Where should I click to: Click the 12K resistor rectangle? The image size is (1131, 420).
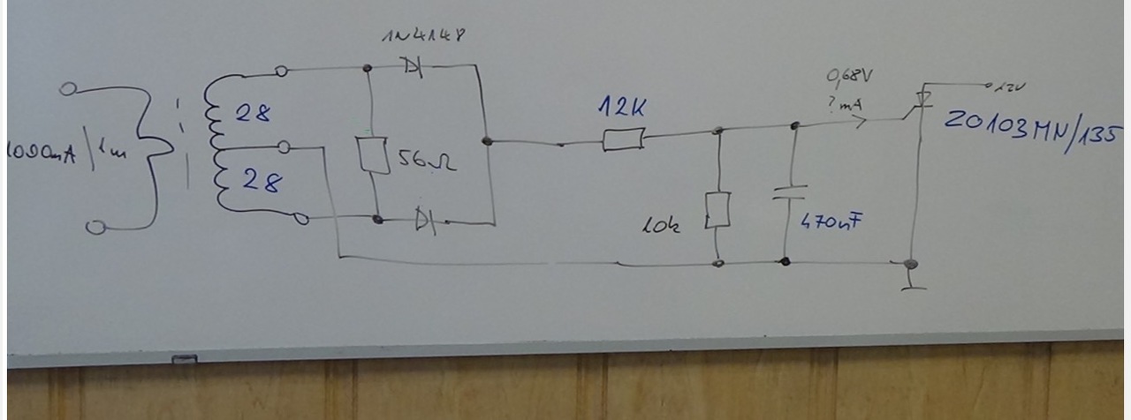tap(623, 139)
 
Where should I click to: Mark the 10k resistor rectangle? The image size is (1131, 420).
tap(718, 211)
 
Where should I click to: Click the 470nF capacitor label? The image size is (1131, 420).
tap(831, 221)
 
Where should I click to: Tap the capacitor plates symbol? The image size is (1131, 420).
tap(788, 193)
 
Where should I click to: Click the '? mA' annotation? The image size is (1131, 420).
tap(845, 105)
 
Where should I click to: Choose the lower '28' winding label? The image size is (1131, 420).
tap(262, 183)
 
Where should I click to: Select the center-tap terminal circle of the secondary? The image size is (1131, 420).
tap(284, 146)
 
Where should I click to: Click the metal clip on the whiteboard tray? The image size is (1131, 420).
tap(184, 359)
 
